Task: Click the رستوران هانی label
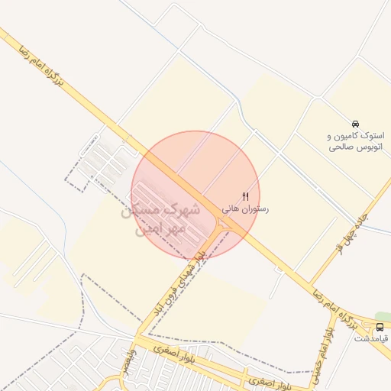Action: coord(246,208)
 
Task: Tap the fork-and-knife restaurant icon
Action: coord(245,196)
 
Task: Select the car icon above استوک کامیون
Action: coord(355,124)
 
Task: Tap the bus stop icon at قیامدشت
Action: coord(380,326)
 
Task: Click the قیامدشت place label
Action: coord(374,338)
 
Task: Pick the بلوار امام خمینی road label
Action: coord(322,351)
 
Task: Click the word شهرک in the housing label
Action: coord(183,208)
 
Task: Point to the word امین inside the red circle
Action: coord(149,228)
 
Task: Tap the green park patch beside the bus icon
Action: coord(383,316)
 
